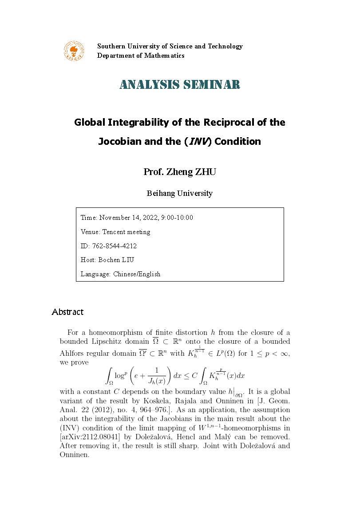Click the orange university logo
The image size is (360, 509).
[73, 51]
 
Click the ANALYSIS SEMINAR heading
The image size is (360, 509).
[180, 84]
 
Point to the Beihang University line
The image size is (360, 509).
[180, 193]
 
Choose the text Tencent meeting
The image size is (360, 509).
[126, 232]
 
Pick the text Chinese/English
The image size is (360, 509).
[137, 274]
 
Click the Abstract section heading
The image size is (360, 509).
[67, 312]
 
